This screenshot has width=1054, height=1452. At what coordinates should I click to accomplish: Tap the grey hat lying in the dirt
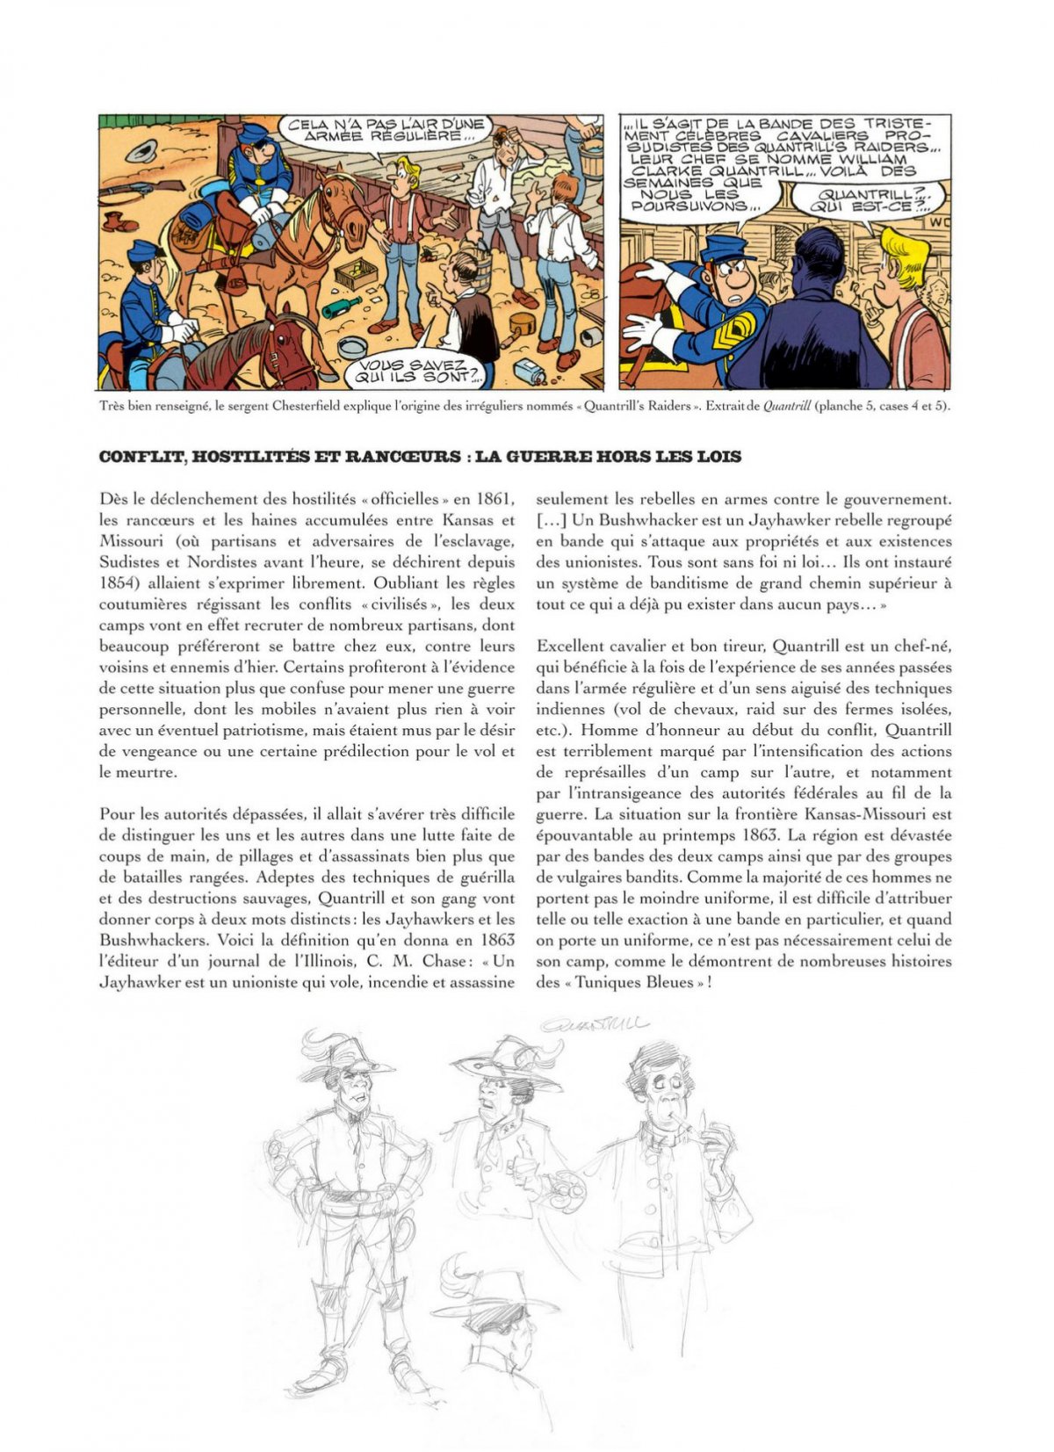tap(140, 148)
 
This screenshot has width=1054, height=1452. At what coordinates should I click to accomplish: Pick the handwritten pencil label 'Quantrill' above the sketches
tap(595, 1023)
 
